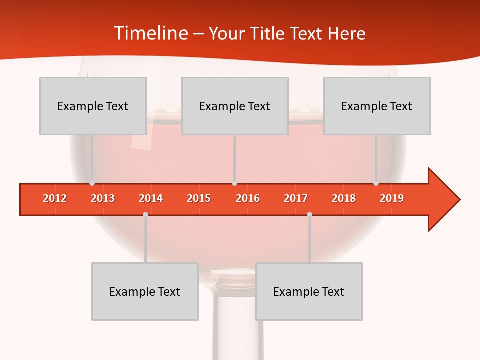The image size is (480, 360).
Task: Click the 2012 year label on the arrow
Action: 55,199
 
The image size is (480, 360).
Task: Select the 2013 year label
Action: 103,199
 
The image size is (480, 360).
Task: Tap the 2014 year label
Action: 151,199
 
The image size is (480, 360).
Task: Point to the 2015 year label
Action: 199,199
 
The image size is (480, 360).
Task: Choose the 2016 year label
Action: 248,199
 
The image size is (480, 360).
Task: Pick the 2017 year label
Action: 296,199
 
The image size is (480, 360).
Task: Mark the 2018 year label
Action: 344,199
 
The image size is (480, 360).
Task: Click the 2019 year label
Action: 392,199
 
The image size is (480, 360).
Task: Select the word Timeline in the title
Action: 150,33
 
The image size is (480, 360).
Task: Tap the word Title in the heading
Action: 268,33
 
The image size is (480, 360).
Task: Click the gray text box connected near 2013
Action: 93,106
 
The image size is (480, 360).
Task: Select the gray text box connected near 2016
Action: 235,106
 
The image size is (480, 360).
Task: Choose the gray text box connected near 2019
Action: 377,106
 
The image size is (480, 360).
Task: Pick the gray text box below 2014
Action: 145,291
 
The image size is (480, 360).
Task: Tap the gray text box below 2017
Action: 309,291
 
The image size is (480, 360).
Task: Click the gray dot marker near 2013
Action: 92,183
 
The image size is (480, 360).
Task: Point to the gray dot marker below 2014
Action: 145,214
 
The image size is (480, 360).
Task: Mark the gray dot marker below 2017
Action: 309,214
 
